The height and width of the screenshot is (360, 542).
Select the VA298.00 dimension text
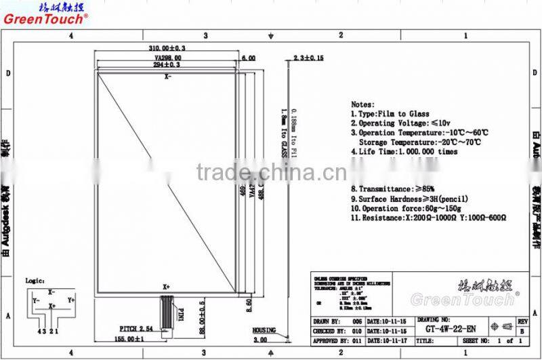click(x=167, y=58)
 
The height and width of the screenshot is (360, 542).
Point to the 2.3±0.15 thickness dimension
click(x=308, y=58)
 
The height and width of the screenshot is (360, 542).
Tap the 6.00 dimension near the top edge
click(x=248, y=58)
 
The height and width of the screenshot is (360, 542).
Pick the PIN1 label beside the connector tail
click(x=181, y=317)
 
